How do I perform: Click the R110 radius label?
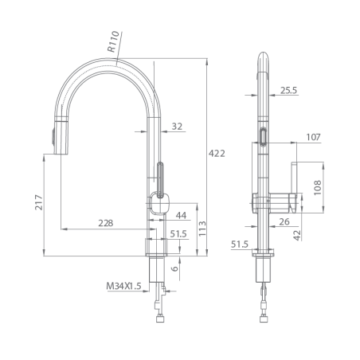point(113,41)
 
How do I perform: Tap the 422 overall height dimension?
point(217,154)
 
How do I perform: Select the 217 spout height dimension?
point(39,202)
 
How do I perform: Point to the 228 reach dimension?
point(106,223)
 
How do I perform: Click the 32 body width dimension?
point(177,127)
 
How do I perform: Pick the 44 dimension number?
point(181,215)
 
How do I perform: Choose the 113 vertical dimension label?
point(202,229)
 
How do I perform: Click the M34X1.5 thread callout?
point(123,286)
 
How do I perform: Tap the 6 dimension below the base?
point(174,268)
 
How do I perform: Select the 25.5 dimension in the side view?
point(289,91)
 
